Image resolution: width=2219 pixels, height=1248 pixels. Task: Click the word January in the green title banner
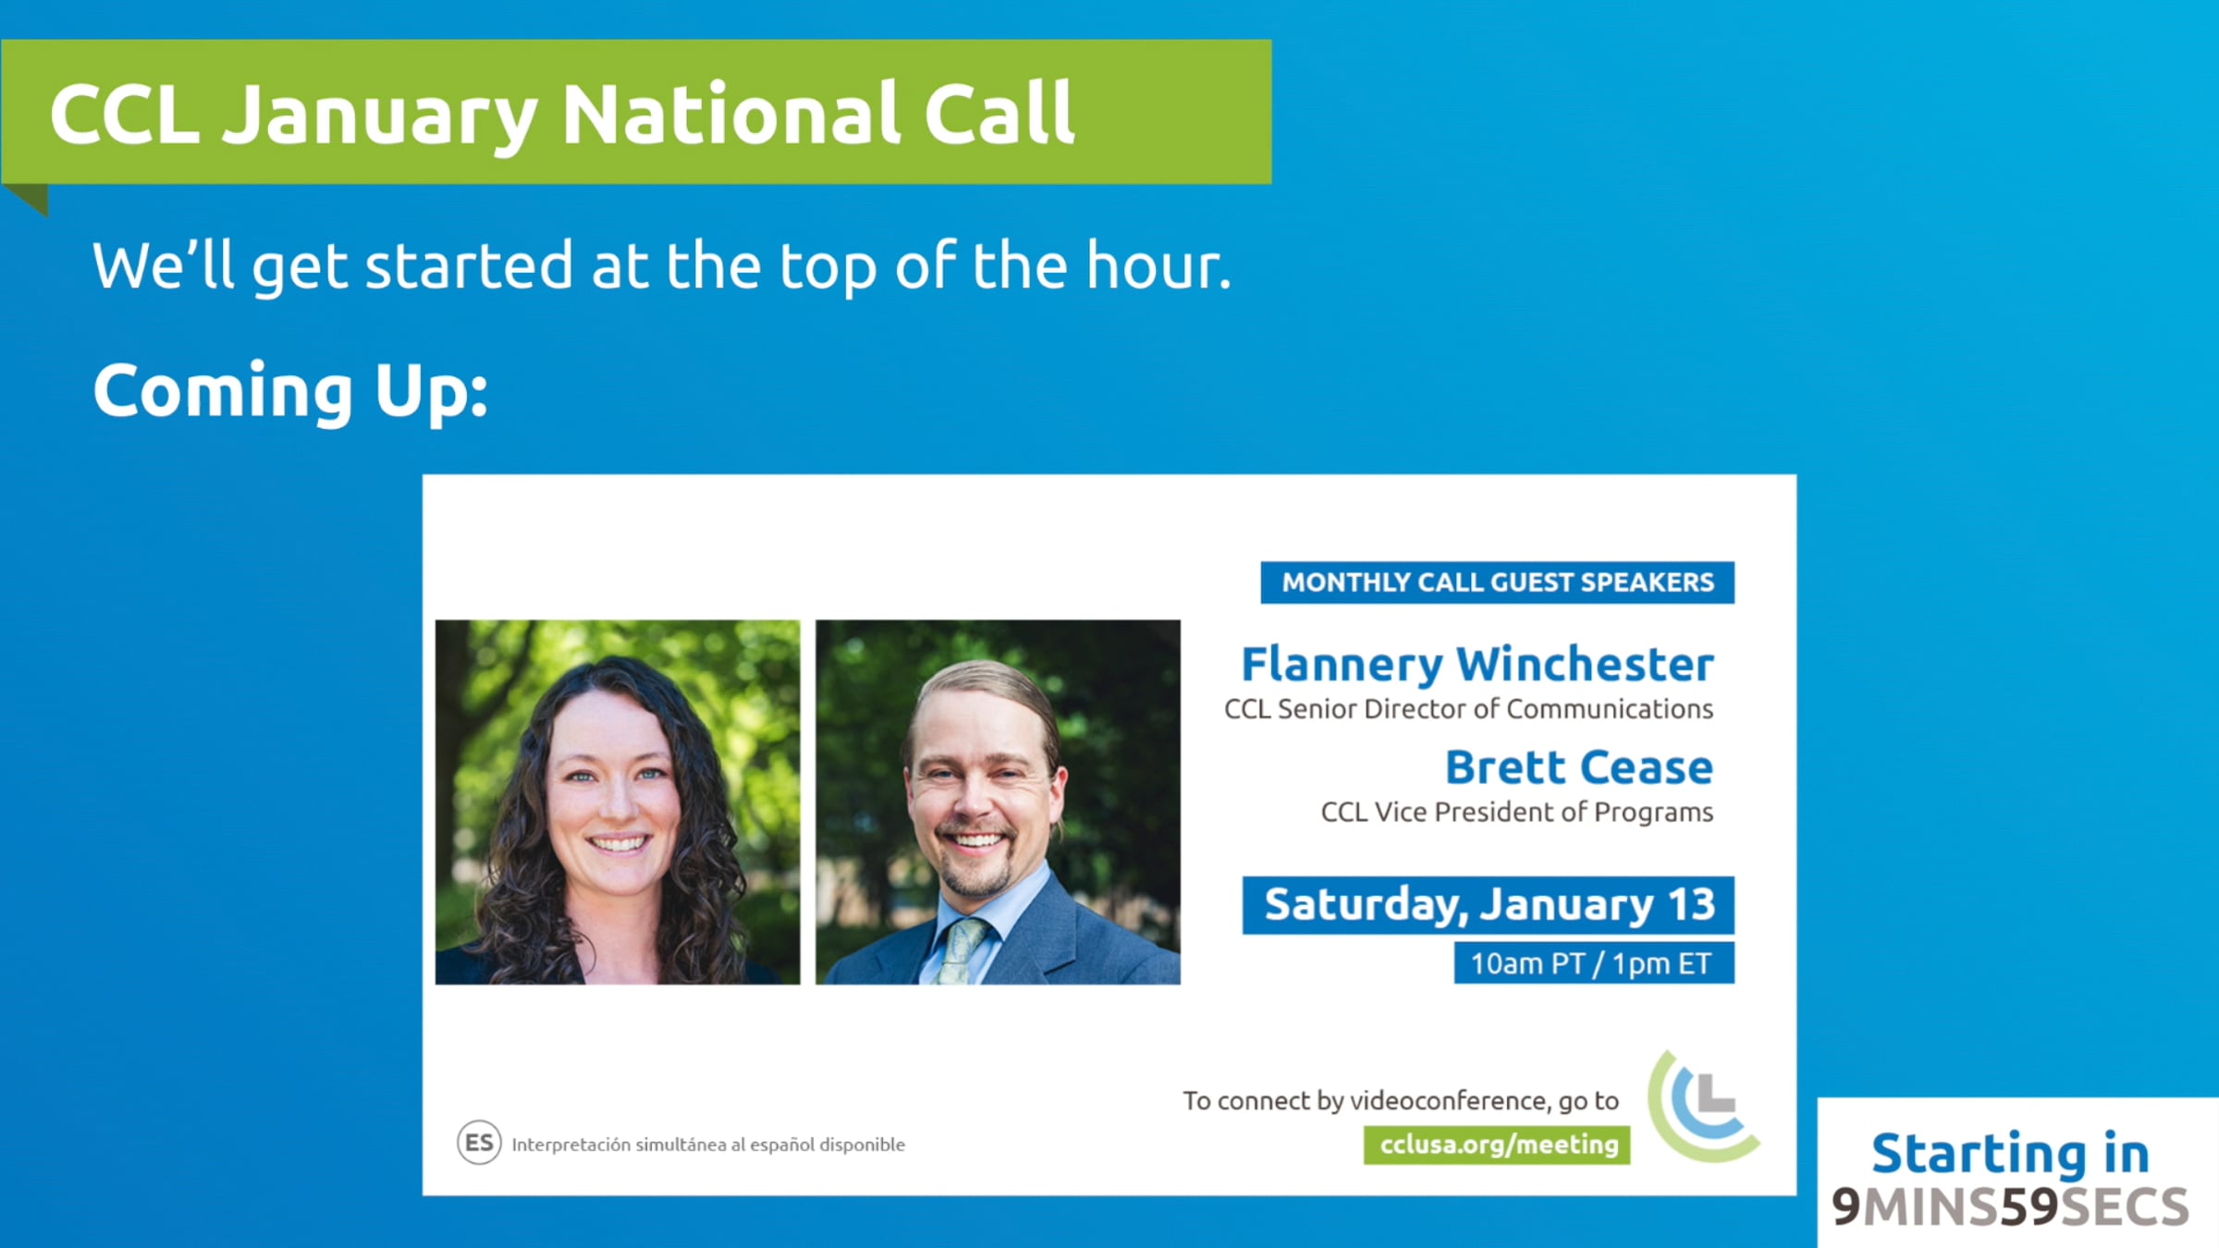pos(379,116)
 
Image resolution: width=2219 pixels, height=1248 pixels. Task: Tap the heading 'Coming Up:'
pos(290,392)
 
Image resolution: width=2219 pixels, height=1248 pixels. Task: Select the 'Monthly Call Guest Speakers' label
pos(1497,582)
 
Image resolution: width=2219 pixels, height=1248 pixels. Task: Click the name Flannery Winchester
pos(1477,665)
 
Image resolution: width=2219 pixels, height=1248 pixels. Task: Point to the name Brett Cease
pos(1579,767)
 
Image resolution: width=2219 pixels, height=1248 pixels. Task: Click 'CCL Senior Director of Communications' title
pos(1468,709)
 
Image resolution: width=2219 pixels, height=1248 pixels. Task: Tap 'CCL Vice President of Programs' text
pos(1516,812)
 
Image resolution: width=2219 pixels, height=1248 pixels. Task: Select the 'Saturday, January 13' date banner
pos(1488,905)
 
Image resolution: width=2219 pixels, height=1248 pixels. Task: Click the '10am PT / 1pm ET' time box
pos(1594,963)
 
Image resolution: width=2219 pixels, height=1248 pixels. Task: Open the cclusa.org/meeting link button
pos(1497,1144)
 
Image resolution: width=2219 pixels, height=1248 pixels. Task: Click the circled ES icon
pos(479,1143)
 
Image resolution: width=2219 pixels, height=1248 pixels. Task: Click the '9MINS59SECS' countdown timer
pos(2010,1206)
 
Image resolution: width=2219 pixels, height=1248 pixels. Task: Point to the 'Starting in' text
pos(2010,1153)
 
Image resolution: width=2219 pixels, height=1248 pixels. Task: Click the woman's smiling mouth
pos(619,843)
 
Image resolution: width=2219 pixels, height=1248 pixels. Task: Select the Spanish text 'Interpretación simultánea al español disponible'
pos(708,1144)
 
